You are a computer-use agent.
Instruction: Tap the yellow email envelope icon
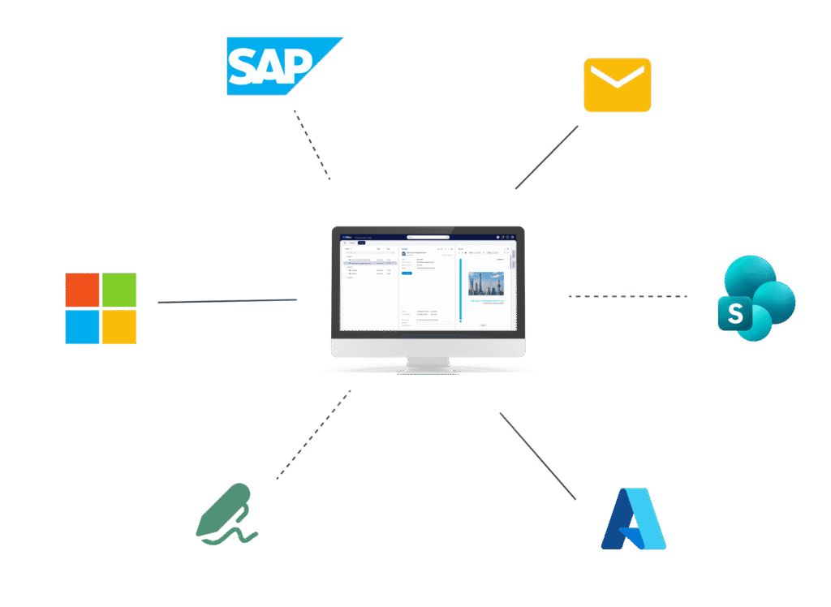pos(617,84)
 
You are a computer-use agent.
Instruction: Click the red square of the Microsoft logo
pos(83,291)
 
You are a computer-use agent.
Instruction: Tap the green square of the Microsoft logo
pos(119,291)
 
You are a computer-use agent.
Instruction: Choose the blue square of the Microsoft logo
pos(83,327)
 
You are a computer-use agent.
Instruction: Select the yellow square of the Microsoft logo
pos(119,327)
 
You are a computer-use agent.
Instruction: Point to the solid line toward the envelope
pos(547,157)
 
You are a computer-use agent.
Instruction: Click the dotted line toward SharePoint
pos(627,297)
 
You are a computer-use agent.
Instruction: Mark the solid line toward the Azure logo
pos(537,455)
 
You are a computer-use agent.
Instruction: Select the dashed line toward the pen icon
pos(313,435)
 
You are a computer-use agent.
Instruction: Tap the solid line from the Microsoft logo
pos(227,301)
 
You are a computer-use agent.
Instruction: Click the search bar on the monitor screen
pos(428,237)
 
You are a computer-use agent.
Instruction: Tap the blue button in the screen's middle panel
pos(407,273)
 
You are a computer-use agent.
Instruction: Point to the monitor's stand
pos(428,364)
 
